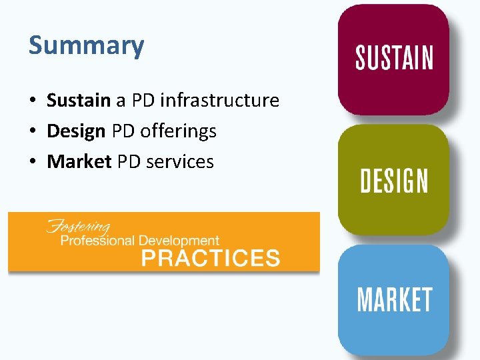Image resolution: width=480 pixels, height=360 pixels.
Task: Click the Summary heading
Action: click(86, 45)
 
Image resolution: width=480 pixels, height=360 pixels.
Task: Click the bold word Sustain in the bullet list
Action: click(78, 101)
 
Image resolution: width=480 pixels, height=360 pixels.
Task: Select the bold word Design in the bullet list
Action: click(76, 131)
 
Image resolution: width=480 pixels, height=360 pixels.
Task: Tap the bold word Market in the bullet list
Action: click(79, 161)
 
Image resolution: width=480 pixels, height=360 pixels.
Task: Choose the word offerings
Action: click(178, 132)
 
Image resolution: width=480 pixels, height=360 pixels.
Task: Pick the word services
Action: click(182, 161)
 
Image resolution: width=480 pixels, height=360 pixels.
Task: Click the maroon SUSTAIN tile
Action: click(393, 58)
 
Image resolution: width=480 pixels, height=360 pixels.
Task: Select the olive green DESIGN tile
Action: click(393, 180)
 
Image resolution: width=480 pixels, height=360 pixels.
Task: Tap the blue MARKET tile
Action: click(393, 300)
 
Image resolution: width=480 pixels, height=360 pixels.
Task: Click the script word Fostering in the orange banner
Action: click(78, 225)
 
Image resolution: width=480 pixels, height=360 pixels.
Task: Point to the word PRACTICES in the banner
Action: click(211, 257)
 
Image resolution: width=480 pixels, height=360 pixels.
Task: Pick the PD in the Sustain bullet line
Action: click(143, 101)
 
